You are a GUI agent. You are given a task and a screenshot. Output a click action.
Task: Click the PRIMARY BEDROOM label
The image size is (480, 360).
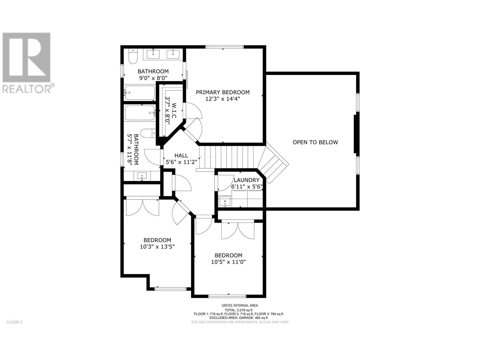click(223, 92)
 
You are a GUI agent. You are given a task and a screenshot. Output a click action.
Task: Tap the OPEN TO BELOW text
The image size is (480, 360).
click(315, 142)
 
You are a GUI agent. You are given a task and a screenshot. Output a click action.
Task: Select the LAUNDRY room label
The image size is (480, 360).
click(247, 180)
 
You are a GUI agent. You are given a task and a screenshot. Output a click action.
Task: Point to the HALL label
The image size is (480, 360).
click(181, 155)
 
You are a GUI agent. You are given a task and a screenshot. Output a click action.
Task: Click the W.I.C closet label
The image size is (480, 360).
click(174, 111)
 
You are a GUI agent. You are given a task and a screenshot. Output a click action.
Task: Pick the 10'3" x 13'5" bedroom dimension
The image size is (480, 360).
click(157, 247)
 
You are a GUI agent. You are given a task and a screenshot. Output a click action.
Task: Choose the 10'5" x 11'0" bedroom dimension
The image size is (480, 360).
click(228, 262)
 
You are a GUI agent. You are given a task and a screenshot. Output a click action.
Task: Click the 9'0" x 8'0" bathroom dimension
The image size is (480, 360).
click(153, 78)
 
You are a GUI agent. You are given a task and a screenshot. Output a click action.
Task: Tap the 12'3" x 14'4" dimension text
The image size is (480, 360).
click(223, 99)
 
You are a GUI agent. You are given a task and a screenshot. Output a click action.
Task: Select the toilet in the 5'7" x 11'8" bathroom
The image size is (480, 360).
click(148, 133)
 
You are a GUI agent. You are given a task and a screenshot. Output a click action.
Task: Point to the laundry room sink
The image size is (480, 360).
click(225, 201)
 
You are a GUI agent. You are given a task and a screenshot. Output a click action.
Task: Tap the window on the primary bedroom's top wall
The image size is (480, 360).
click(225, 46)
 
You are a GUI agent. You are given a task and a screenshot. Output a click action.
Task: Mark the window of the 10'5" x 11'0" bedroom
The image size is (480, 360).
click(227, 296)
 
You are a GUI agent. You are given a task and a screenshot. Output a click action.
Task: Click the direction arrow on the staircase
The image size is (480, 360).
click(208, 157)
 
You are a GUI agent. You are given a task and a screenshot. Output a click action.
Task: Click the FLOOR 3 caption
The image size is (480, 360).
click(14, 322)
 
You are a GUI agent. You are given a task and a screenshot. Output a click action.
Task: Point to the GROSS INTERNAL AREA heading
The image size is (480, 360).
click(240, 305)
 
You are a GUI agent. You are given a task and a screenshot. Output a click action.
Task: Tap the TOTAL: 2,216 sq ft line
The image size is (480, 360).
click(238, 310)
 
